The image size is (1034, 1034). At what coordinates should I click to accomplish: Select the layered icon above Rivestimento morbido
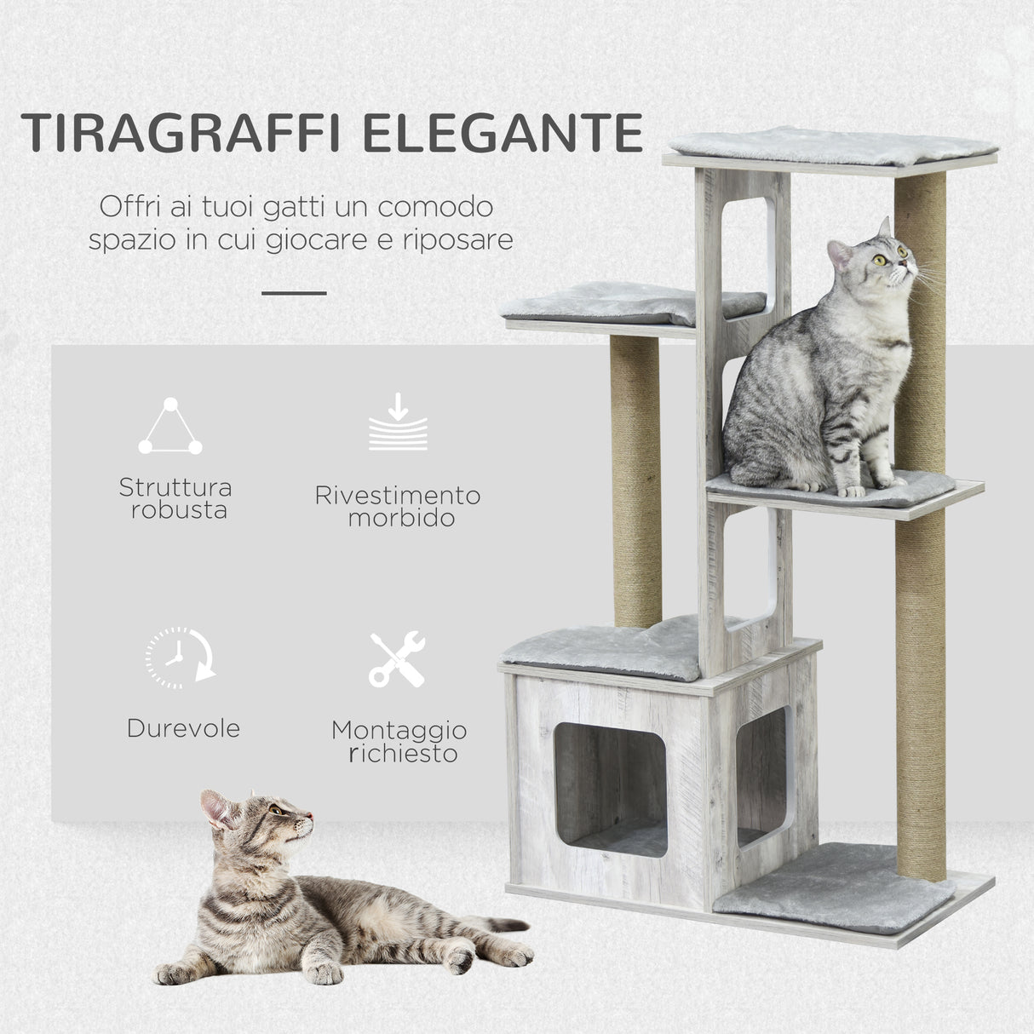click(x=397, y=422)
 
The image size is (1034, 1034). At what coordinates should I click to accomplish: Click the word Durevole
click(x=183, y=728)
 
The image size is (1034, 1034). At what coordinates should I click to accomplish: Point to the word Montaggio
click(x=399, y=730)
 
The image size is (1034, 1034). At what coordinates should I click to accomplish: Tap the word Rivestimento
click(x=397, y=495)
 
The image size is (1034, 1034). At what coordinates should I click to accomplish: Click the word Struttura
click(x=175, y=487)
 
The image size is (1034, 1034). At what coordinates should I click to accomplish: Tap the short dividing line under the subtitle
click(x=294, y=293)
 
